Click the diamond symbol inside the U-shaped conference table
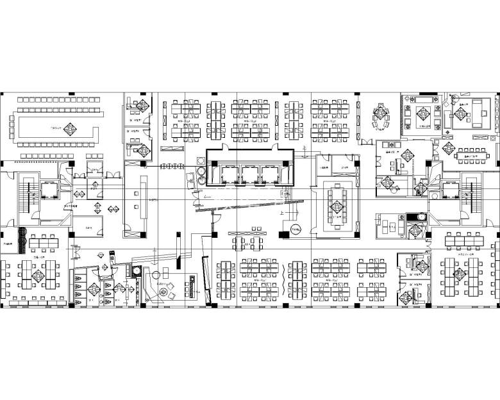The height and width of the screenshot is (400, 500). [67, 127]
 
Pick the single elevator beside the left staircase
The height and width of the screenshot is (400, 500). [49, 190]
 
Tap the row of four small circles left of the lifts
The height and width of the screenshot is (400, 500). [172, 167]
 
